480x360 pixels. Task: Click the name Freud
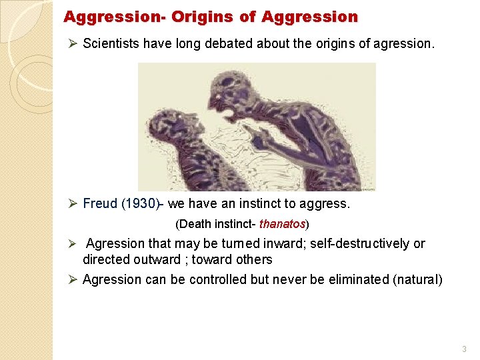tap(100, 203)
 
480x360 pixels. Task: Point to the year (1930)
tap(140, 203)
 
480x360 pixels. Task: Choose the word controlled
tap(219, 279)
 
